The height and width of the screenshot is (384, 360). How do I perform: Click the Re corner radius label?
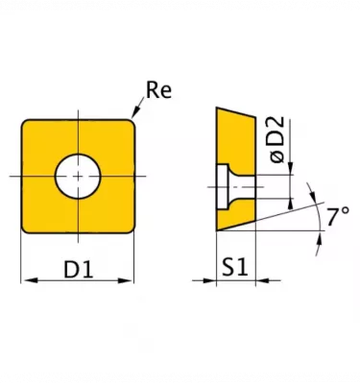tap(158, 90)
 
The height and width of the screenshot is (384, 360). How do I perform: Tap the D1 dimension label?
tap(79, 269)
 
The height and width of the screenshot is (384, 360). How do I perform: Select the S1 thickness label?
tap(235, 268)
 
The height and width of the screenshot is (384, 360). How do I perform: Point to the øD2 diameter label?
tap(276, 140)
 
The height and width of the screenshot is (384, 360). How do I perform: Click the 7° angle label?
tap(338, 217)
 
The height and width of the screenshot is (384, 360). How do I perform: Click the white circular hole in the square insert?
tap(78, 177)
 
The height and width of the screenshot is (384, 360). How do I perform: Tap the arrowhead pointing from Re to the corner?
tap(135, 112)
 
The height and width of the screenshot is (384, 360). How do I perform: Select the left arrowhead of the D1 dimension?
tap(31, 280)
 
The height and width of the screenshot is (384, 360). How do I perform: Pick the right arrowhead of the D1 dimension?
tap(125, 280)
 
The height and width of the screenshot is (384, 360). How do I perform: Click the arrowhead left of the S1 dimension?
tap(209, 280)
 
